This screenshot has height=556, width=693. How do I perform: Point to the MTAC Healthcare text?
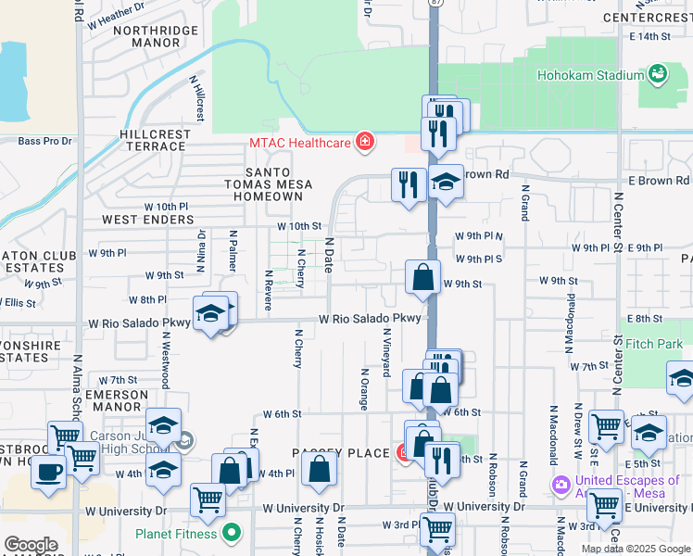(x=299, y=143)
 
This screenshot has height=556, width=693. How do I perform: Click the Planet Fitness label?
(x=176, y=533)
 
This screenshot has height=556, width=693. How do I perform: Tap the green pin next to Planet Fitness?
(x=232, y=533)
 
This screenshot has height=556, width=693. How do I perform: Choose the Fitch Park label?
(x=653, y=344)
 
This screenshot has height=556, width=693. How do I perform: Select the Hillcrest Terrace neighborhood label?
(x=156, y=141)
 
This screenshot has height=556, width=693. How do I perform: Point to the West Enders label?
(x=148, y=220)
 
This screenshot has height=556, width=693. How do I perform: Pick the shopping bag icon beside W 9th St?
(x=422, y=277)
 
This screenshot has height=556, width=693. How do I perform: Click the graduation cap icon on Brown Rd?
(x=446, y=182)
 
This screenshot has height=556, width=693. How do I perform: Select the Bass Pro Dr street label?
(x=45, y=141)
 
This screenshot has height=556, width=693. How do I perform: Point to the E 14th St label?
(x=649, y=36)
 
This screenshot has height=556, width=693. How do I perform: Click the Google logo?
(x=31, y=545)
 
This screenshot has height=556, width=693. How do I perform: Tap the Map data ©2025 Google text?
(x=635, y=549)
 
